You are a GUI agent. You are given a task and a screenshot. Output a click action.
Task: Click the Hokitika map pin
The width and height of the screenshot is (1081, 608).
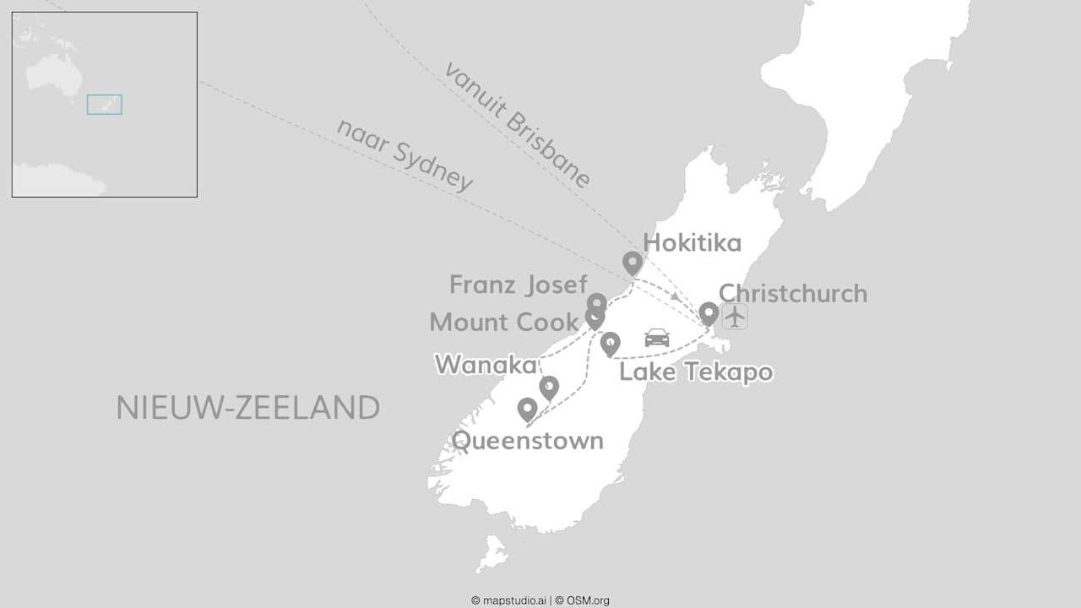coord(633,263)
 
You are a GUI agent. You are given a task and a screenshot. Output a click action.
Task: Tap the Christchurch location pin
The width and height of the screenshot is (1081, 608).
coord(709,314)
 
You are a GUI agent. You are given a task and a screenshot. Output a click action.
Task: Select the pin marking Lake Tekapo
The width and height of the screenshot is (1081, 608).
coord(610,344)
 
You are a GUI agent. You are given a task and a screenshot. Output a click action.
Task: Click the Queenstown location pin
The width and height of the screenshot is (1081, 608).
coord(527,410)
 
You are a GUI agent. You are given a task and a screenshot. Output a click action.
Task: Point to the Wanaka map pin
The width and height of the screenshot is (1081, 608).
coord(549,388)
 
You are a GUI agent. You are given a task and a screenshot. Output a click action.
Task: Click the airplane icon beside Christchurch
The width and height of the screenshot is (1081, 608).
coord(736,316)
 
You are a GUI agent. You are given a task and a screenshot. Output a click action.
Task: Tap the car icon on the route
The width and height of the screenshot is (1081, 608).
coord(657,338)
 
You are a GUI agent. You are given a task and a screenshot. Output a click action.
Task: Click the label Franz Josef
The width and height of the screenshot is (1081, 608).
coord(518,285)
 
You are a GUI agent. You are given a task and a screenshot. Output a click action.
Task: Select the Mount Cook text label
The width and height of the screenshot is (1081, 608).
coord(503,322)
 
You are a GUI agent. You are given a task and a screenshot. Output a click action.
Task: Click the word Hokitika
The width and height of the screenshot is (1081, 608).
coord(692,243)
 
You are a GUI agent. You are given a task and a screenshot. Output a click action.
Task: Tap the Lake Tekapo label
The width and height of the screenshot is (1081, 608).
coord(696,372)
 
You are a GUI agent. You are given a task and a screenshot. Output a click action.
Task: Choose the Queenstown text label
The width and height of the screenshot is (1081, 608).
coord(527,441)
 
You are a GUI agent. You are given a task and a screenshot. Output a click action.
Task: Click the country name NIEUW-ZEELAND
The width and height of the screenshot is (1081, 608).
coord(247,408)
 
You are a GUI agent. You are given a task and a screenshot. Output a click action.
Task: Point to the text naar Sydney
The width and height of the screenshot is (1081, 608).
coord(405,155)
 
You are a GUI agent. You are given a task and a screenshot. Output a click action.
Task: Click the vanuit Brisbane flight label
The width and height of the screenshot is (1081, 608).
coord(517,125)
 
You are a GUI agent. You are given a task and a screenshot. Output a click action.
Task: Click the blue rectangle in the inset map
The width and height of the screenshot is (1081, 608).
coord(105,104)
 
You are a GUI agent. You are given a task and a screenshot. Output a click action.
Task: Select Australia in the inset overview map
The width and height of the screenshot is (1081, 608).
coord(54,73)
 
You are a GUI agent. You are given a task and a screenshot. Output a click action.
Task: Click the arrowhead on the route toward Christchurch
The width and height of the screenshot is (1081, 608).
coord(676,296)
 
